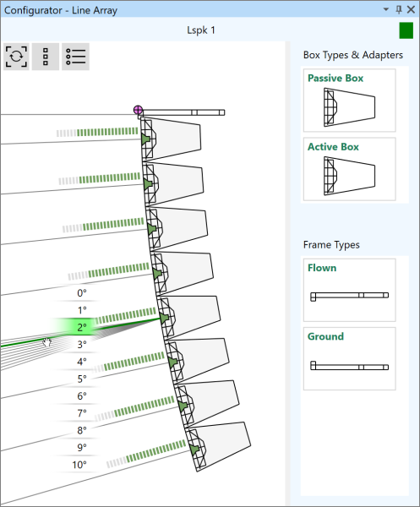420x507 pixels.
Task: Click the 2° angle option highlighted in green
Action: pyautogui.click(x=82, y=327)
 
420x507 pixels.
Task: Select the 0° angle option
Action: pyautogui.click(x=82, y=293)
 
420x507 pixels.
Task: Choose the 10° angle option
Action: pyautogui.click(x=79, y=465)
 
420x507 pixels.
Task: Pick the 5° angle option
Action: pyautogui.click(x=82, y=379)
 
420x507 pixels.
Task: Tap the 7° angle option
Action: pyautogui.click(x=82, y=413)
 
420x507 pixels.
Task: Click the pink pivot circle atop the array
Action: pyautogui.click(x=138, y=110)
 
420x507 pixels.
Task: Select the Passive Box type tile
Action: pyautogui.click(x=350, y=101)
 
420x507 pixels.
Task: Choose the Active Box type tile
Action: pyautogui.click(x=350, y=169)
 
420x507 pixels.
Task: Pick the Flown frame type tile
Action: pyautogui.click(x=350, y=290)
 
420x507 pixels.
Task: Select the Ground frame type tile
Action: pyautogui.click(x=350, y=358)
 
